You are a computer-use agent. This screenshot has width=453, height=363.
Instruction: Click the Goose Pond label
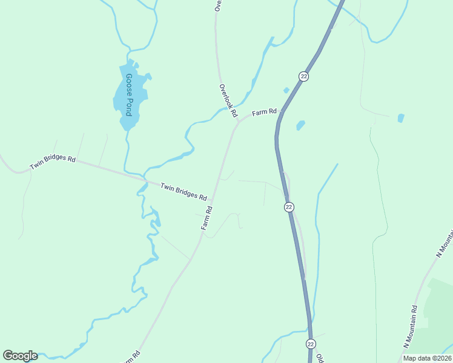128,95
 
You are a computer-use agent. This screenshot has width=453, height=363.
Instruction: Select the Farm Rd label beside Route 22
264,112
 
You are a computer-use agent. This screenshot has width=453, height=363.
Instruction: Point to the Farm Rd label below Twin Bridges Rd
207,218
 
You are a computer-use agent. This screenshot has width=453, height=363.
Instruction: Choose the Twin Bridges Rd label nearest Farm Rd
184,192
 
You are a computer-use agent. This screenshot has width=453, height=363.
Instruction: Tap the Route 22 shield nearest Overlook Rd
303,76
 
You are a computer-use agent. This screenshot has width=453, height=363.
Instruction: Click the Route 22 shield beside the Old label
310,344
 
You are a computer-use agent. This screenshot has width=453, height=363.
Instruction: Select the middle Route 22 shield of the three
289,207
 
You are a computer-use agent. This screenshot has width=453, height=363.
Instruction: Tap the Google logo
20,355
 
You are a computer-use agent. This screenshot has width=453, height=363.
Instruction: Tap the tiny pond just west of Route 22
286,91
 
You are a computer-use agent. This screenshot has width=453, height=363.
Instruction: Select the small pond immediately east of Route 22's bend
300,126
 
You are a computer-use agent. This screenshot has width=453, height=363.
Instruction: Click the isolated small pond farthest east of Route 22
400,118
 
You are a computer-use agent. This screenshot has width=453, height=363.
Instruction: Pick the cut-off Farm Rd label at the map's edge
132,357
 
